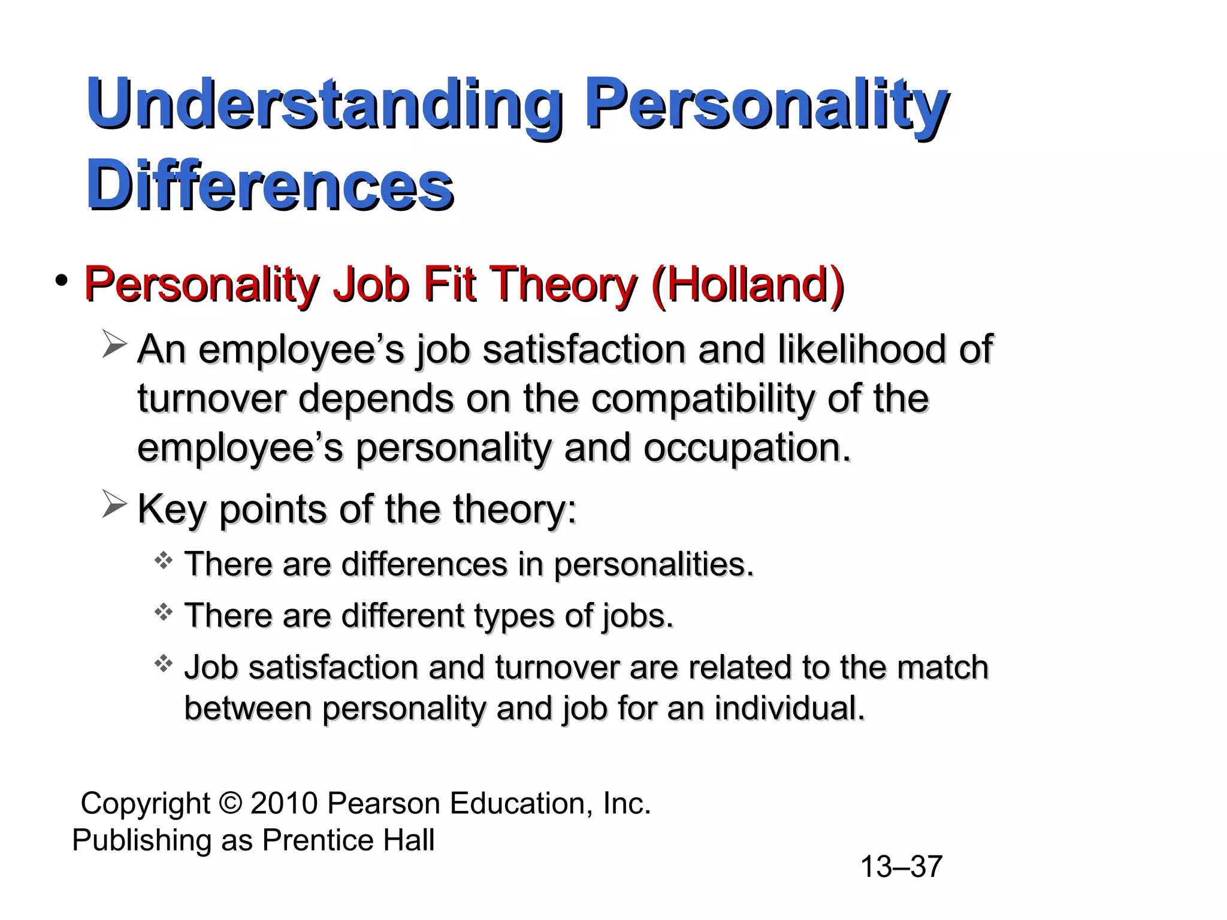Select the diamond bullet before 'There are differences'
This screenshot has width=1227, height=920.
[164, 561]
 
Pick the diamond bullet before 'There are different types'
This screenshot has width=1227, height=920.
[164, 612]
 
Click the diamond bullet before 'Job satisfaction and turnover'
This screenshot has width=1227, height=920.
[164, 664]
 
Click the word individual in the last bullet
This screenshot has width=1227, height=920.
[790, 709]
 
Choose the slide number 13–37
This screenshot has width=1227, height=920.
[901, 867]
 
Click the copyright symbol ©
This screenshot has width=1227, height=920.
[230, 803]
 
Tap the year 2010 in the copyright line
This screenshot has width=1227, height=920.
[284, 803]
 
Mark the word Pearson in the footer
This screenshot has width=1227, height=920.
[384, 803]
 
